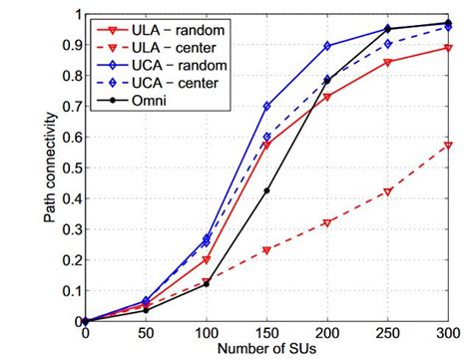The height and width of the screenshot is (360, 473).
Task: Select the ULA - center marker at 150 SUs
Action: coord(266,250)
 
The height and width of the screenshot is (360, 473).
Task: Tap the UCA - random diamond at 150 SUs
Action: coord(266,106)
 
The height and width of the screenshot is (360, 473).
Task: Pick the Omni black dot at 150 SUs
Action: coord(266,190)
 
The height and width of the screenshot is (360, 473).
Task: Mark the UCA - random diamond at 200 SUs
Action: coord(327,46)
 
